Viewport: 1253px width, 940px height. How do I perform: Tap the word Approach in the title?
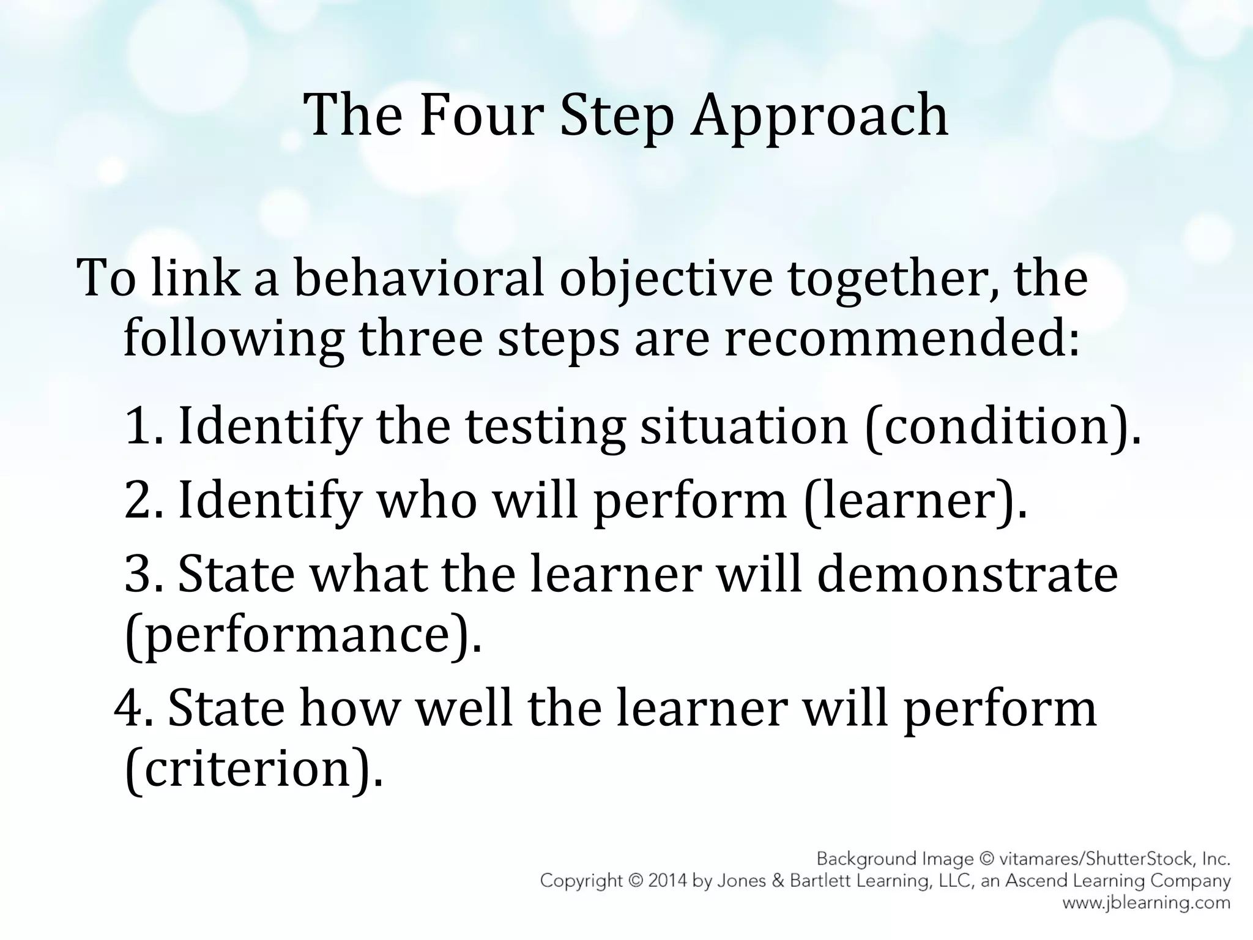click(x=819, y=116)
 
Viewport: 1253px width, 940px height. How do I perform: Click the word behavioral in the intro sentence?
click(x=419, y=279)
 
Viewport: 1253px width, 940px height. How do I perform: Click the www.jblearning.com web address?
click(x=1146, y=902)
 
